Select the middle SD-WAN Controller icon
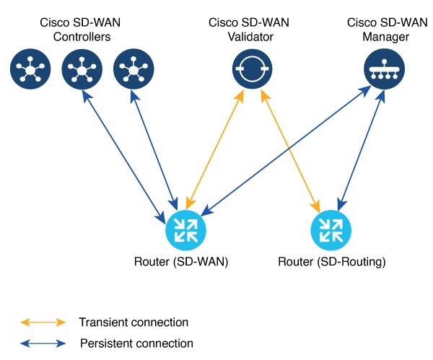[x=81, y=69]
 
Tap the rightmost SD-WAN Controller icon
[x=134, y=69]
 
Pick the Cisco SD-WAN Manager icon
[x=382, y=69]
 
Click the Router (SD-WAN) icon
[x=185, y=229]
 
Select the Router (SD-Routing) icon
[x=331, y=229]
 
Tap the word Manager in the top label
[x=382, y=37]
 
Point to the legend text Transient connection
[x=134, y=322]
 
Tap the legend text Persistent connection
[x=136, y=343]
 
